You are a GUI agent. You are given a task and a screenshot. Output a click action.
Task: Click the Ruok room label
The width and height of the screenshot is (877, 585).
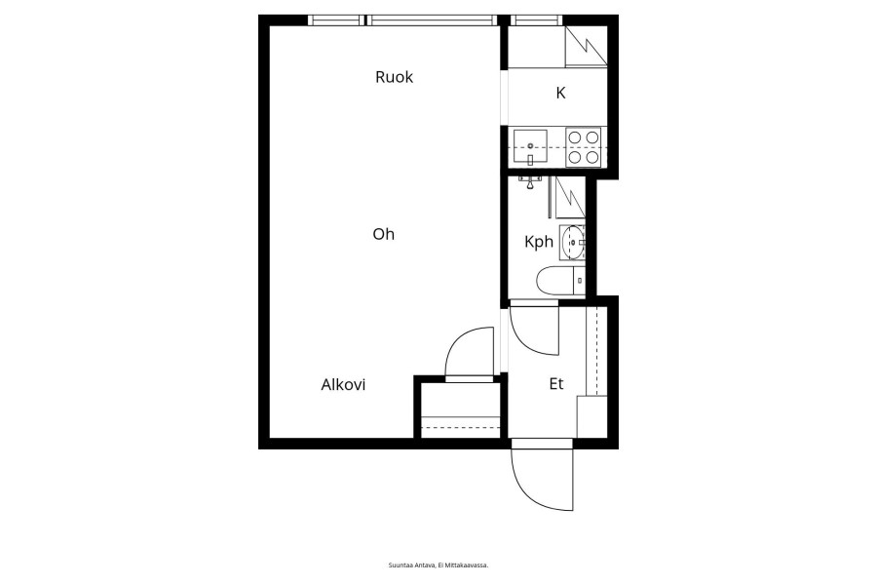(394, 77)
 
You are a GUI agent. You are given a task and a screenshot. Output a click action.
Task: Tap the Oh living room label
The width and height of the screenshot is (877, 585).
(384, 234)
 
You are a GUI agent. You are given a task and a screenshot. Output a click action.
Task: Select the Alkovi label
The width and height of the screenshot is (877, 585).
(343, 384)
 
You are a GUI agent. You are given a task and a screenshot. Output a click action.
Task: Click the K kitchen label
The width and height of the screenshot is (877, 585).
(560, 93)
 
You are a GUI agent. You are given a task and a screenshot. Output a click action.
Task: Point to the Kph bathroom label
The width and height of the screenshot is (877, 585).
(539, 242)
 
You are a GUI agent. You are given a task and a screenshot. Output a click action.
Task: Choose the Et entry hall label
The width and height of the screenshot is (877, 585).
(556, 384)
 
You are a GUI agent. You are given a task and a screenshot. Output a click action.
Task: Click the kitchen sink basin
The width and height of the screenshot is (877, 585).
(530, 146)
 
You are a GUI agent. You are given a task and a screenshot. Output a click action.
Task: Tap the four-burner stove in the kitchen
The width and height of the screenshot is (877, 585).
(584, 146)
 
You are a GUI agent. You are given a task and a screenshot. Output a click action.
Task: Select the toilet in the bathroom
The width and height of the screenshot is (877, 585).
(560, 281)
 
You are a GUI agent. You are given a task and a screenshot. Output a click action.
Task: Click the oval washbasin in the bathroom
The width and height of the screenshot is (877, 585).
(572, 243)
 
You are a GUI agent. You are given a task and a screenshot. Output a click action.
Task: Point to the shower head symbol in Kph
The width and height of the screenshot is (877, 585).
(530, 181)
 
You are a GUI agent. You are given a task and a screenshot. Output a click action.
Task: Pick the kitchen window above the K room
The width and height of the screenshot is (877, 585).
(535, 20)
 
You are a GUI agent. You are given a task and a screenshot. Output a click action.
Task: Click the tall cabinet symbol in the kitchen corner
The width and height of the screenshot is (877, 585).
(586, 47)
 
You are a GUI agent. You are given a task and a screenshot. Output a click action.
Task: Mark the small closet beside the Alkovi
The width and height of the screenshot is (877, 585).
(460, 409)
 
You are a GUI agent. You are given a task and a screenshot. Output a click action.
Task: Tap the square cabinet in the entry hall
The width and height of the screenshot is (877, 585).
(591, 417)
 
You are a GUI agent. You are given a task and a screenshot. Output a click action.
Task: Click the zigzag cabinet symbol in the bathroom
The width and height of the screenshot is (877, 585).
(570, 197)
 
